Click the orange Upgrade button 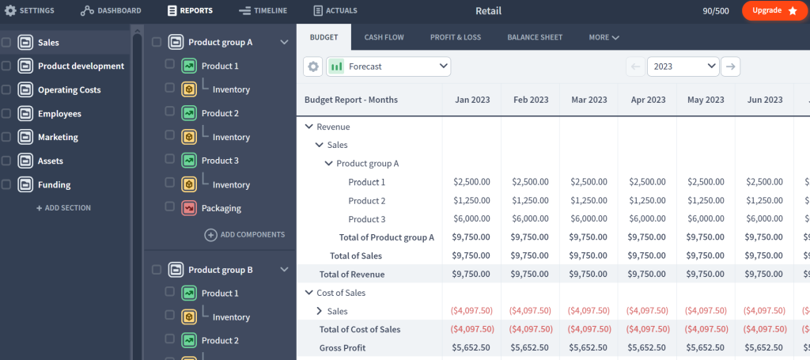(774, 10)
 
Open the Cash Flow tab (384, 37)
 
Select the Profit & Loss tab (456, 37)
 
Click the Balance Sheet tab (536, 37)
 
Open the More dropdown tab (604, 37)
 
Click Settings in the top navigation (30, 10)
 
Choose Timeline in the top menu (263, 10)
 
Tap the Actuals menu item (335, 10)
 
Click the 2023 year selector (683, 66)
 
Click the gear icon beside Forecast (313, 66)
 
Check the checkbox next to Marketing (6, 137)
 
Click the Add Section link (63, 208)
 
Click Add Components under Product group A (245, 234)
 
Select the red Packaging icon (189, 208)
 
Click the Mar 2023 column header (589, 100)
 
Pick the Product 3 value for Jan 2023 (471, 219)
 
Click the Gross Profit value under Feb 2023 (530, 347)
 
